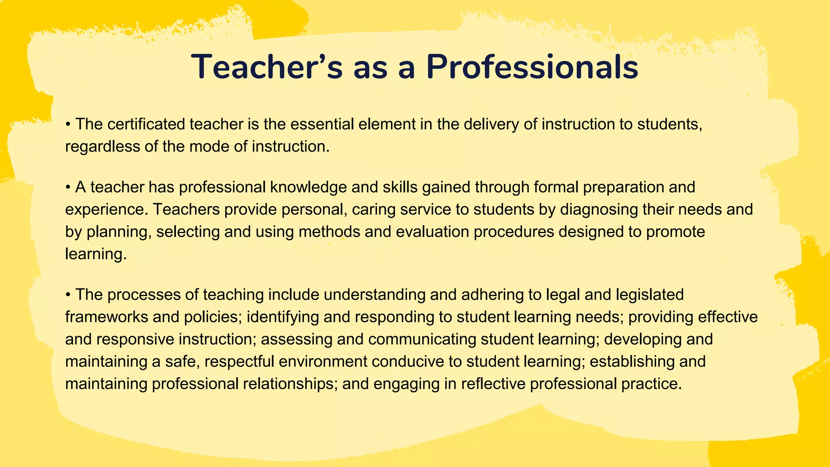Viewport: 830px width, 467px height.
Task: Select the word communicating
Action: (x=422, y=339)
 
